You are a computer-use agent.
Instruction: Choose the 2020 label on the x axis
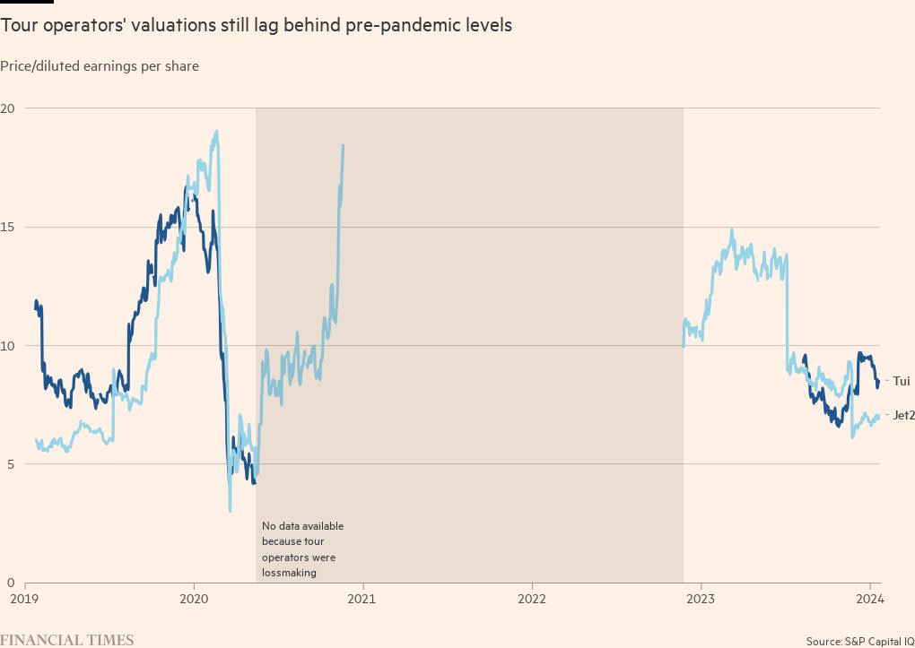click(x=194, y=598)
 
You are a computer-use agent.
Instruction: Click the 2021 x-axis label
click(x=362, y=598)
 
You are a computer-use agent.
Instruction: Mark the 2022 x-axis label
click(x=532, y=598)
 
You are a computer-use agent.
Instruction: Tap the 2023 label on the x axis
click(x=701, y=598)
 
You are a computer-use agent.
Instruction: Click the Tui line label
click(x=901, y=381)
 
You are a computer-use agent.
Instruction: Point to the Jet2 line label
click(x=902, y=415)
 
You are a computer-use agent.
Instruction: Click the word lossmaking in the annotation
click(x=289, y=573)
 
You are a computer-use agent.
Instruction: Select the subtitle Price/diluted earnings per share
click(x=100, y=65)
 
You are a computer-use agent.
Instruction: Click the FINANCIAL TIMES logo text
click(x=67, y=640)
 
